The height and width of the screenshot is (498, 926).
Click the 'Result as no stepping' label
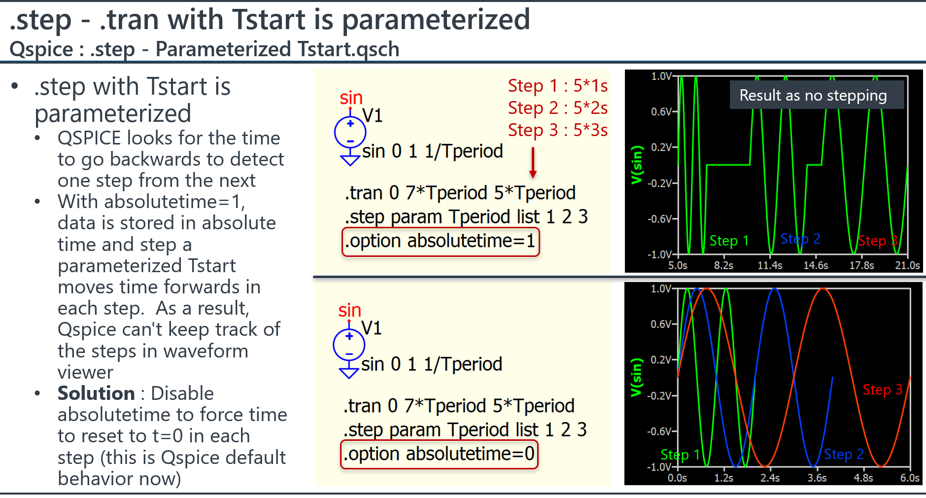[x=813, y=95]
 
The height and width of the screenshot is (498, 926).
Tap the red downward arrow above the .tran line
[x=533, y=163]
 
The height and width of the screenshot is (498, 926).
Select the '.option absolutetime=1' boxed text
[x=441, y=241]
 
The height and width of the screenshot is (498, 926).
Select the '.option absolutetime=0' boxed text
[x=439, y=454]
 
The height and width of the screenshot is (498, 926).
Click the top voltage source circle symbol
[x=350, y=133]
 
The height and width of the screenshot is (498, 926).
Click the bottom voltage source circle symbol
[x=349, y=345]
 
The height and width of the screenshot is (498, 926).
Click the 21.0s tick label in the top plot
[x=908, y=265]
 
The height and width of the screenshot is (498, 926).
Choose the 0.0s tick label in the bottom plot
[x=677, y=478]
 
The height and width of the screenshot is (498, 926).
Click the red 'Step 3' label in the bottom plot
[x=882, y=390]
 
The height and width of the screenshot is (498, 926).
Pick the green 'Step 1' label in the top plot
[x=729, y=241]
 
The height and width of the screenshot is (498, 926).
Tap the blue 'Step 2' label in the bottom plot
[x=844, y=454]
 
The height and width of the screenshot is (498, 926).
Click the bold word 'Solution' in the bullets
[x=96, y=393]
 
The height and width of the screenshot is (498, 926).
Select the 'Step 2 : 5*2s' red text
[x=558, y=108]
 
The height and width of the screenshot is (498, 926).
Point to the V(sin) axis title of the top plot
[x=637, y=165]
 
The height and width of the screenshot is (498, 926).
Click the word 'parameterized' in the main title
[x=436, y=20]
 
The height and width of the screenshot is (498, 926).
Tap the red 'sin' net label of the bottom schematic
[x=350, y=310]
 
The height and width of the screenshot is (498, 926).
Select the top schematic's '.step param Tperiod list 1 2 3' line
[x=466, y=217]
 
